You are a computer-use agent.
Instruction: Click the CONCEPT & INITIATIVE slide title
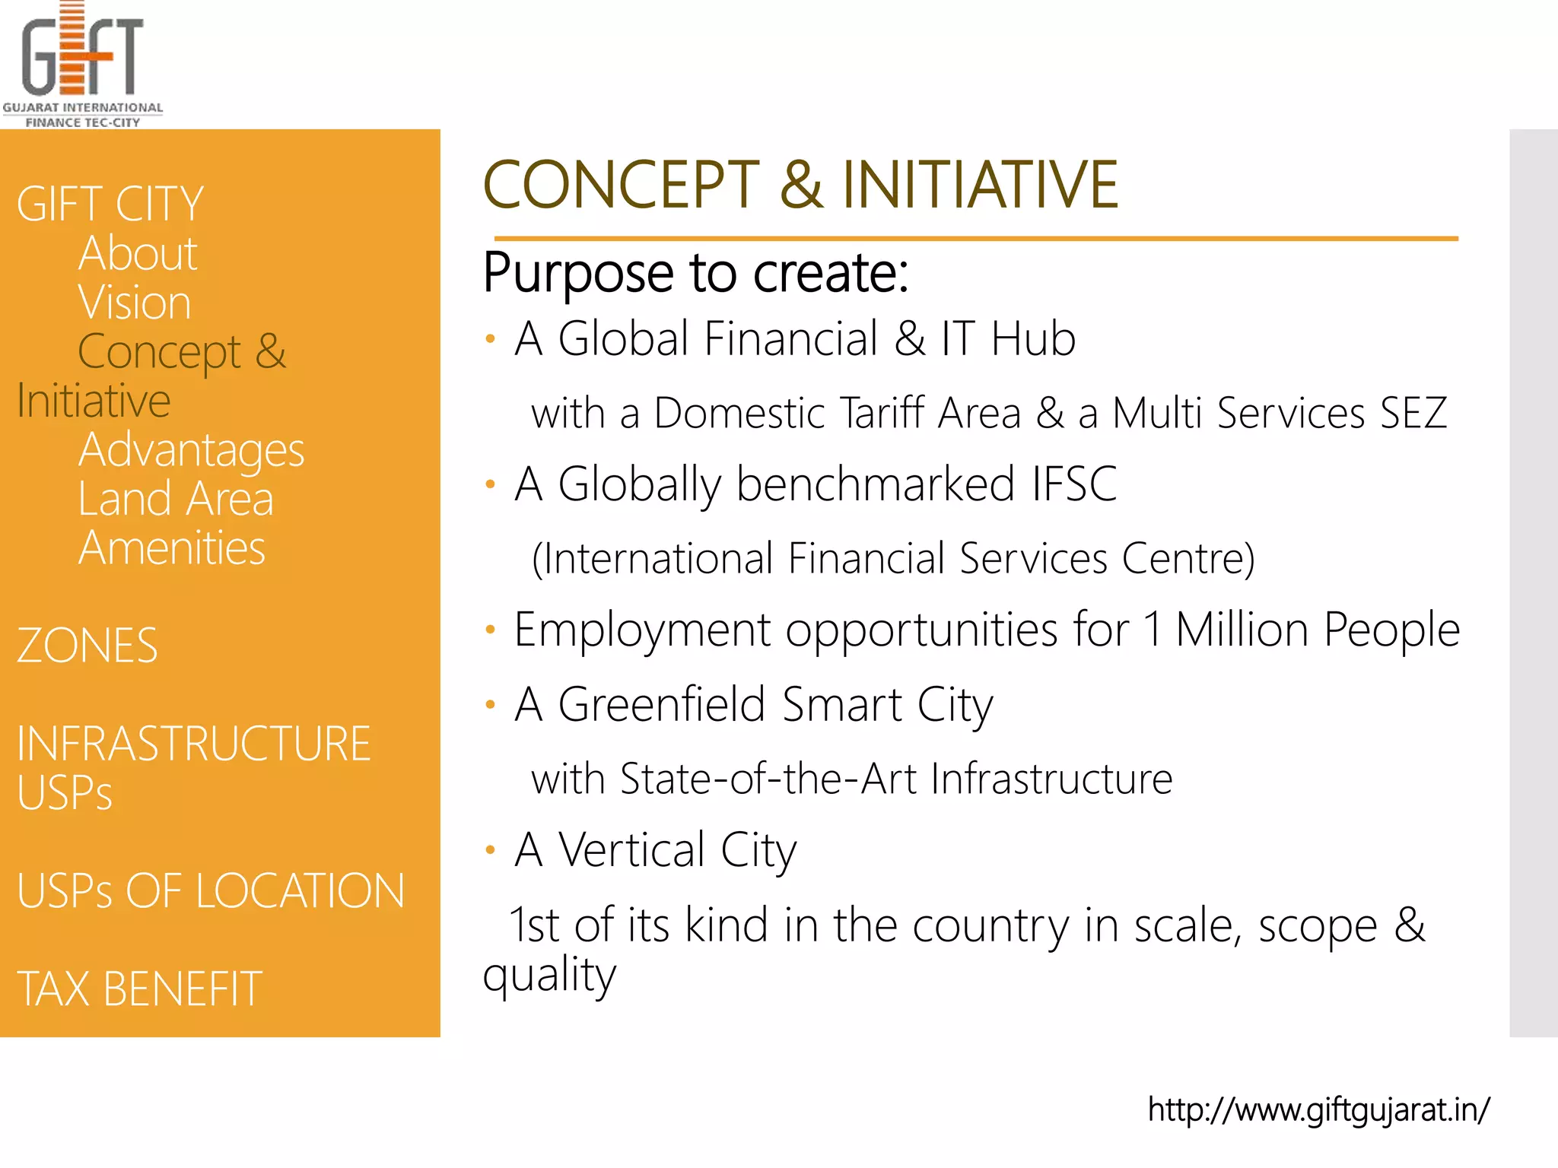pos(800,185)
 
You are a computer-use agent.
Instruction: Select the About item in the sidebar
pos(138,253)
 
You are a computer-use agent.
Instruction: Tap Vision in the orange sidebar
pos(135,303)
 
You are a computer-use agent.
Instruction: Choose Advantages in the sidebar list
pos(191,450)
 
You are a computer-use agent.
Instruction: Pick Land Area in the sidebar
pos(176,500)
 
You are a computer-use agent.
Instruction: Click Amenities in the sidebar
pos(172,548)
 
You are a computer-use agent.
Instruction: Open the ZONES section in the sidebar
pos(87,646)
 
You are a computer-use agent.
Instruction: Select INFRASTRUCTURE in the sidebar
pos(194,744)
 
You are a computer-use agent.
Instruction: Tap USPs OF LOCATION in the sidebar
pos(211,891)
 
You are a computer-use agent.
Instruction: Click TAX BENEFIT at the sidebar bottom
pos(140,989)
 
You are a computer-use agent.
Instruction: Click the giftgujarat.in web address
pos(1318,1110)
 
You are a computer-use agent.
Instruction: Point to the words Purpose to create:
pos(696,273)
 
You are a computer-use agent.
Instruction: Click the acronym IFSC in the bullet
pos(1074,484)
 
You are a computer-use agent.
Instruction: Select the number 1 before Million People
pos(1153,630)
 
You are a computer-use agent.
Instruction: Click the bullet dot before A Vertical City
pos(491,850)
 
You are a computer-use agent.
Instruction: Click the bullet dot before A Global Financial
pos(491,339)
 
